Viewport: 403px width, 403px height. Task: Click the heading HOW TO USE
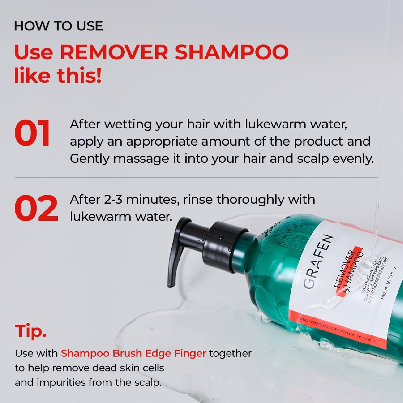pyautogui.click(x=58, y=26)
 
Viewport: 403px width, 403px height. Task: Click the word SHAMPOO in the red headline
pyautogui.click(x=231, y=52)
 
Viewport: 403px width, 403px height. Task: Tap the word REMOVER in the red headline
pyautogui.click(x=114, y=52)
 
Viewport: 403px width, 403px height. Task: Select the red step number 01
pyautogui.click(x=32, y=133)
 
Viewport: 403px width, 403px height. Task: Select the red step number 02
pyautogui.click(x=36, y=208)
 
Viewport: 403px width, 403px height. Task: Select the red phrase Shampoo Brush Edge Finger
pyautogui.click(x=133, y=353)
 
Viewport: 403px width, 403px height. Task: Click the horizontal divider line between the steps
pyautogui.click(x=196, y=178)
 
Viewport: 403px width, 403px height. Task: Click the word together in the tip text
pyautogui.click(x=230, y=353)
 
